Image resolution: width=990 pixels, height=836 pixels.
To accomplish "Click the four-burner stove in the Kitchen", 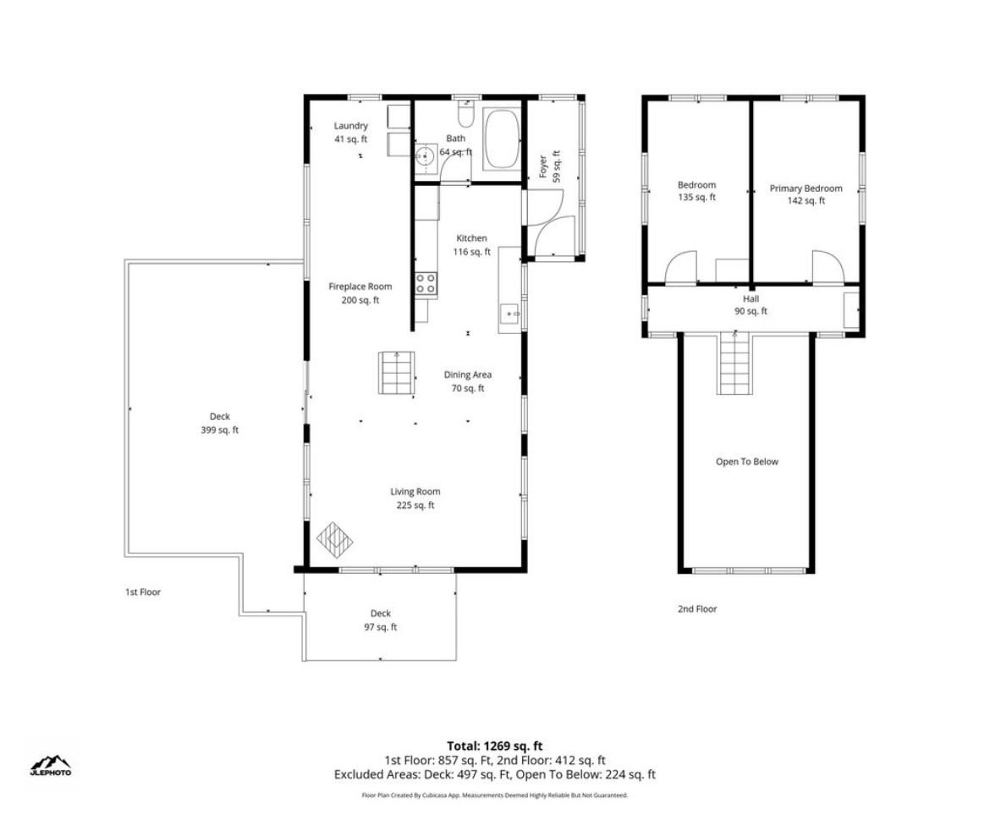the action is click(x=426, y=283).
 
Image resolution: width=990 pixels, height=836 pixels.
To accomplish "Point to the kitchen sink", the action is click(x=509, y=313).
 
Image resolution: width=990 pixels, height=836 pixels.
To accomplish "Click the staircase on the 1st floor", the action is click(x=397, y=373).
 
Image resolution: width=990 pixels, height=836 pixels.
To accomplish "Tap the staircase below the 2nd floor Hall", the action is click(x=734, y=363).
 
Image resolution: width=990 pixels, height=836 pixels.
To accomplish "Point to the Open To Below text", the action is click(x=747, y=462).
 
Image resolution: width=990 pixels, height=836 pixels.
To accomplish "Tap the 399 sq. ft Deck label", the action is click(x=220, y=423).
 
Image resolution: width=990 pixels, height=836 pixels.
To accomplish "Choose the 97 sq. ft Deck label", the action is click(x=381, y=620).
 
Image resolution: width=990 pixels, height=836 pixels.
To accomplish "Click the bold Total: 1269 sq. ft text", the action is click(x=495, y=746).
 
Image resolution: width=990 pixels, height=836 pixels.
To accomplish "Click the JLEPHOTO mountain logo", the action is click(x=51, y=765).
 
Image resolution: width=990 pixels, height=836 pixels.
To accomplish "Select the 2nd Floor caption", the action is click(x=697, y=609).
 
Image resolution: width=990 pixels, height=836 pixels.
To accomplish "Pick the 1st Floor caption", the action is click(x=143, y=592).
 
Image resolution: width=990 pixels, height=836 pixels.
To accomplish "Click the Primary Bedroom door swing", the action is click(x=828, y=267).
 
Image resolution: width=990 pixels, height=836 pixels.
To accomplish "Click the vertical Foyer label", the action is click(x=549, y=167).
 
